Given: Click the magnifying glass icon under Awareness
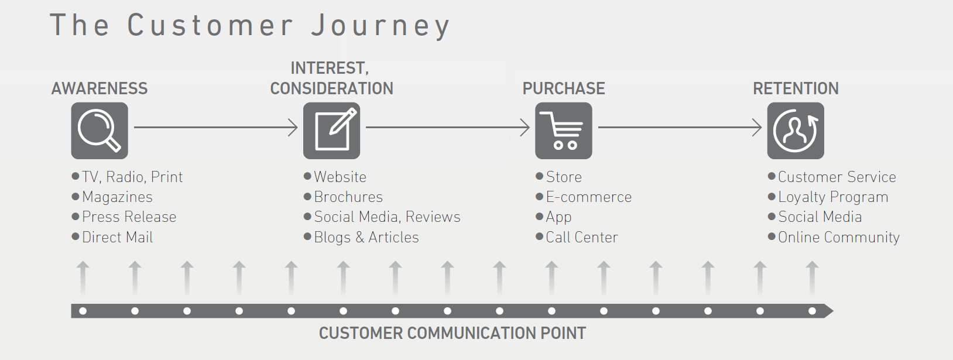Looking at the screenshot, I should (x=100, y=131).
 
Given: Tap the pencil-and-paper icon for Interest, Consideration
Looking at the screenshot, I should (x=331, y=131).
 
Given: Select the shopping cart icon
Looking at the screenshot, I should (x=563, y=131).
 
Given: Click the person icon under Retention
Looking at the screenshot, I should (x=796, y=131).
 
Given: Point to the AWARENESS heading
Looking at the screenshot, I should (x=100, y=88).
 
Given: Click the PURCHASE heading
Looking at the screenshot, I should (x=564, y=88).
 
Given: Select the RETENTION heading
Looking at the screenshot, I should (x=796, y=88).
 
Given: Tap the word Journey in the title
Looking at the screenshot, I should (x=380, y=26).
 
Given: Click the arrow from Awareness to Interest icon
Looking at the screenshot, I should (x=215, y=127).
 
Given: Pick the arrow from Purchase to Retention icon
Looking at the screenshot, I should (x=680, y=127).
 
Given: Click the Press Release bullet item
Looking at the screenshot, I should (x=129, y=217).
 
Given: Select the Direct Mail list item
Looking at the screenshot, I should (x=117, y=237).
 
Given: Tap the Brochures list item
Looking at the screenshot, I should (x=348, y=197).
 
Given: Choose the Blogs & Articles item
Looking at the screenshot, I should (x=366, y=237).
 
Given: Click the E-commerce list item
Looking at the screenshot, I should (x=588, y=197).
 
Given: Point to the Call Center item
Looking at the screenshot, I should (x=581, y=237).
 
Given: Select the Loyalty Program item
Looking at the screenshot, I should (x=833, y=197).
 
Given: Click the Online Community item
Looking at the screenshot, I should (x=838, y=237).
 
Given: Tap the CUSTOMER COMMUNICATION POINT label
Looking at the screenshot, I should (x=452, y=333).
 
